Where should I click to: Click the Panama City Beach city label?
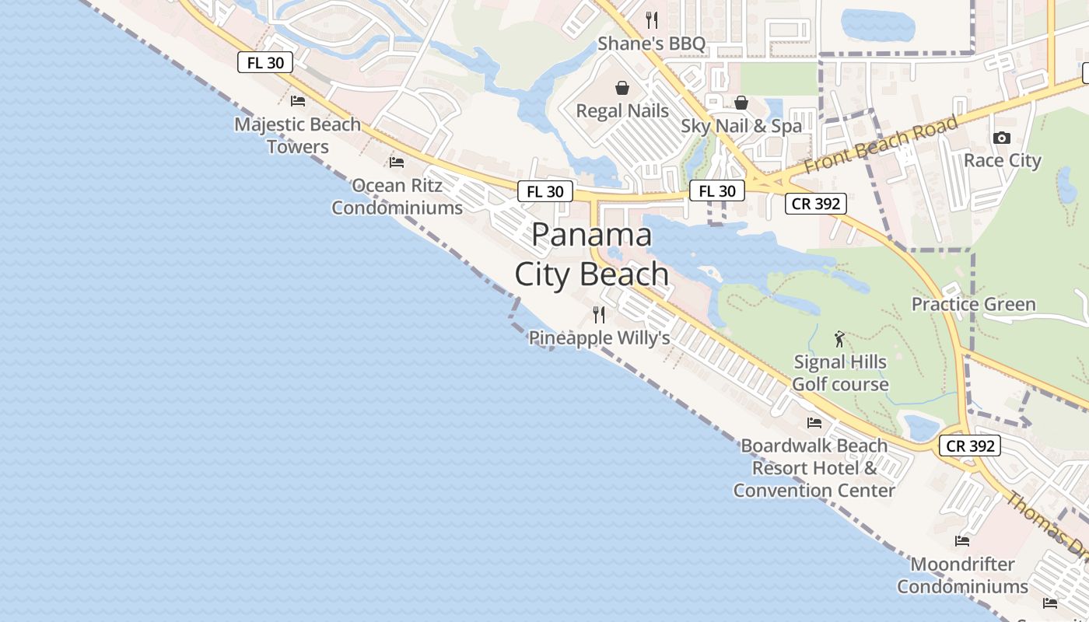pyautogui.click(x=592, y=255)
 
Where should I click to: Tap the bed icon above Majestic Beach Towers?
pyautogui.click(x=298, y=100)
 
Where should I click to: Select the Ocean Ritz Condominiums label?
pyautogui.click(x=397, y=197)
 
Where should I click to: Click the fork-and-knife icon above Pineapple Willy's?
pyautogui.click(x=599, y=315)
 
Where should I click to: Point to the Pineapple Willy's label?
pyautogui.click(x=599, y=338)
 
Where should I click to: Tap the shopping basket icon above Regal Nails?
pyautogui.click(x=622, y=88)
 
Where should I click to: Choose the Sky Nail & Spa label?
pyautogui.click(x=741, y=126)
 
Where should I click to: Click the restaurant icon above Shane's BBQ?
pyautogui.click(x=652, y=19)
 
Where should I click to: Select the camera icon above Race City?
pyautogui.click(x=1002, y=138)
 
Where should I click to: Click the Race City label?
pyautogui.click(x=1002, y=161)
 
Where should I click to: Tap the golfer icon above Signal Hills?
pyautogui.click(x=839, y=339)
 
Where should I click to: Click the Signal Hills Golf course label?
pyautogui.click(x=840, y=373)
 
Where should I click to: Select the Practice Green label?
pyautogui.click(x=973, y=304)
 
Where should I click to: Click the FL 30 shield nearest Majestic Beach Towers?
pyautogui.click(x=265, y=63)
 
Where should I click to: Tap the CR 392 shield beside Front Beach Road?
pyautogui.click(x=815, y=204)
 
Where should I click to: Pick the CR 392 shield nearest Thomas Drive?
pyautogui.click(x=969, y=446)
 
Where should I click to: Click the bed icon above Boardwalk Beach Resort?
pyautogui.click(x=814, y=423)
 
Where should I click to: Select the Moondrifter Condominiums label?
pyautogui.click(x=963, y=575)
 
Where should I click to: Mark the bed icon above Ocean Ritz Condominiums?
pyautogui.click(x=397, y=162)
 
